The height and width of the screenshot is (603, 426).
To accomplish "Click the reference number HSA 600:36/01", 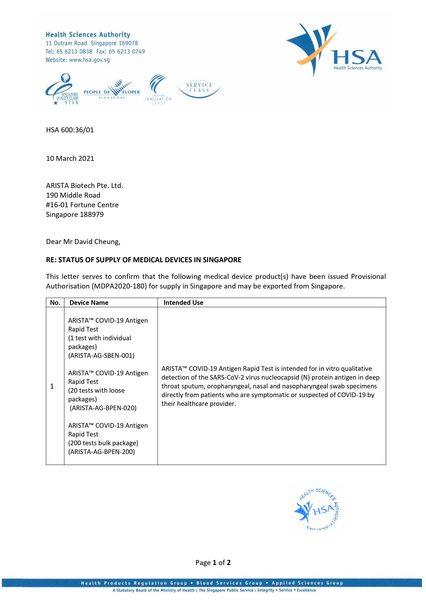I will [x=70, y=130].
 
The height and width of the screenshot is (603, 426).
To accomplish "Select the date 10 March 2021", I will [x=70, y=158].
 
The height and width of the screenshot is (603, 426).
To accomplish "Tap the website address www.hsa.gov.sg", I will [x=89, y=60].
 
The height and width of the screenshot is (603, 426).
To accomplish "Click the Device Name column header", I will [x=89, y=303].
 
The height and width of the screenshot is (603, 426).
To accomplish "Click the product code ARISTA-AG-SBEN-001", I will [x=101, y=356].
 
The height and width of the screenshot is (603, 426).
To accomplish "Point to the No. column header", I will [x=55, y=303].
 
